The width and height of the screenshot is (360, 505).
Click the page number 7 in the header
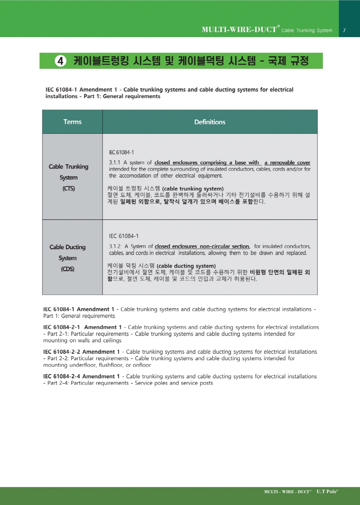[x=344, y=31]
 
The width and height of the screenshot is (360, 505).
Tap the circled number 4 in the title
[x=60, y=61]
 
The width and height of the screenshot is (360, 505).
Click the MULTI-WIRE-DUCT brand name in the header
[x=239, y=30]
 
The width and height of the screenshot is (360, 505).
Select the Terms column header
[x=72, y=122]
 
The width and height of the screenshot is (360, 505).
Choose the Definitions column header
[x=210, y=122]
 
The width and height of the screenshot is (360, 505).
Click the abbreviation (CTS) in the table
[x=69, y=188]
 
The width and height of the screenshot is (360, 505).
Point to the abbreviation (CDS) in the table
[x=68, y=269]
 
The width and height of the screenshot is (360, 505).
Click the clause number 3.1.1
[x=114, y=163]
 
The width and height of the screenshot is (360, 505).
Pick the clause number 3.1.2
[x=115, y=246]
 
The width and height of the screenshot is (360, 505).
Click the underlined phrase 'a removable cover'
[x=287, y=163]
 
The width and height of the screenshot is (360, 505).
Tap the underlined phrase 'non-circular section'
[x=224, y=246]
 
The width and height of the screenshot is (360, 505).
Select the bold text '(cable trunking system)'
[x=193, y=189]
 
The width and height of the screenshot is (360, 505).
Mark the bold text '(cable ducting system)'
[x=186, y=266]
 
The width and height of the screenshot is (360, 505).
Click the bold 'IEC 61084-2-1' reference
[x=62, y=327]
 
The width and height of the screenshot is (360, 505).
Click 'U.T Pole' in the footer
[x=327, y=492]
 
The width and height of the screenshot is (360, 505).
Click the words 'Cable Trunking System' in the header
[x=307, y=31]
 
